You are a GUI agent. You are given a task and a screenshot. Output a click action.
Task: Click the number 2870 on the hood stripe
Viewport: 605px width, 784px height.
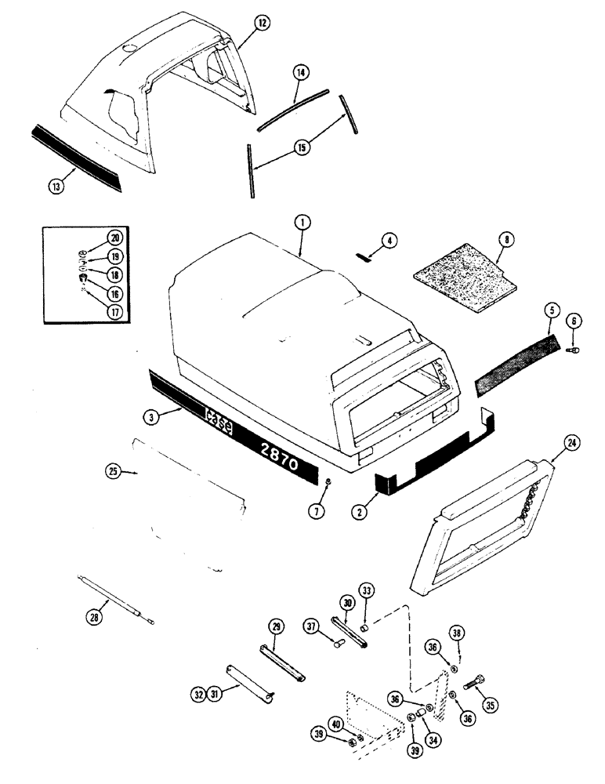pos(275,453)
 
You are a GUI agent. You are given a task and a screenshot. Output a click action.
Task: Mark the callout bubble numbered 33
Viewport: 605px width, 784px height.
pos(366,590)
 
